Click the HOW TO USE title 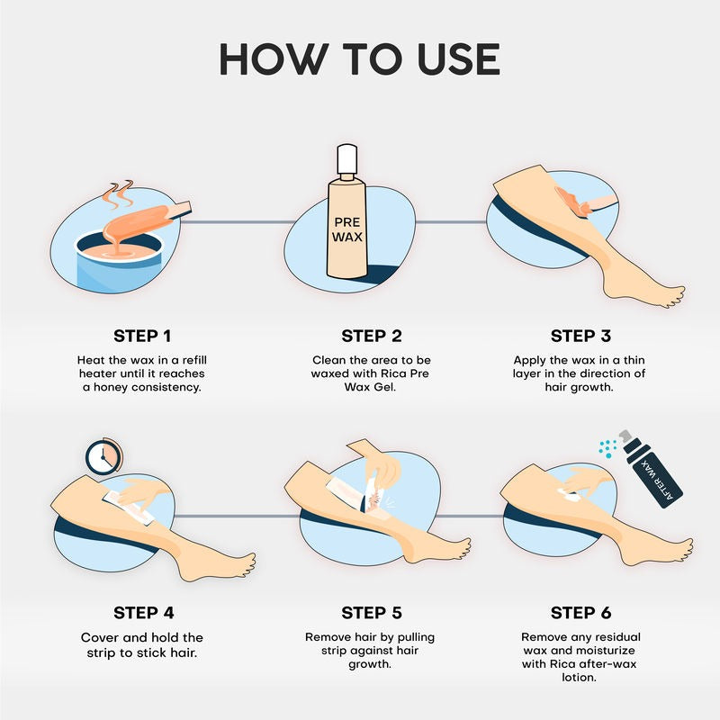coord(360,58)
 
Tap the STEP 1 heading coord(142,336)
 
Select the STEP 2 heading coord(371,336)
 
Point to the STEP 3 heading coord(580,336)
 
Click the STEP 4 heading coord(142,613)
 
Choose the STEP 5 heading coord(371,613)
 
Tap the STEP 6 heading coord(580,613)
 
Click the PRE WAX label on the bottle coord(347,229)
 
